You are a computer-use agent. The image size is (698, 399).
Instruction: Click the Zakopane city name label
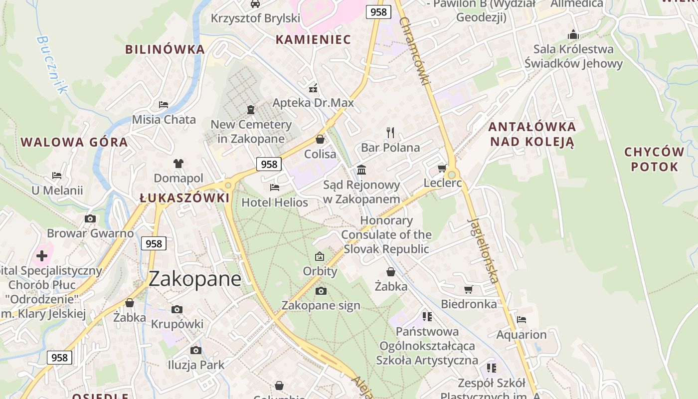click(195, 279)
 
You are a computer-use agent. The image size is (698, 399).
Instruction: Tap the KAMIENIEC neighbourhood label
click(314, 39)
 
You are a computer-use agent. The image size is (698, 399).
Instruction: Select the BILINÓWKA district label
click(165, 49)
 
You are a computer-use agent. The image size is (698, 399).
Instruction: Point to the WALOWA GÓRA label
click(74, 142)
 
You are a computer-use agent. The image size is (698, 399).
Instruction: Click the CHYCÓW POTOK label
click(655, 159)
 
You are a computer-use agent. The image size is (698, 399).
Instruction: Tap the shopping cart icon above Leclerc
click(442, 168)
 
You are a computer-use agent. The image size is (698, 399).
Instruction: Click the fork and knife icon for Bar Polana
click(390, 133)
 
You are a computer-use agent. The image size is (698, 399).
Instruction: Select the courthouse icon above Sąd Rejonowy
click(361, 170)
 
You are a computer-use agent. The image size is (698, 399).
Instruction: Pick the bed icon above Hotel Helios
click(275, 188)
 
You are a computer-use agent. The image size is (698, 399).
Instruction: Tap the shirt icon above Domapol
click(178, 163)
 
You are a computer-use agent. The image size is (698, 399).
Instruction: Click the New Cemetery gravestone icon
click(251, 109)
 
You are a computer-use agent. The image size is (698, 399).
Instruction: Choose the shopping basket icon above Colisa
click(320, 139)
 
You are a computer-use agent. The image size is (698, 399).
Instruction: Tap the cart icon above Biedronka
click(469, 289)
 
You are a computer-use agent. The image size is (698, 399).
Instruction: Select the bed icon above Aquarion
click(522, 320)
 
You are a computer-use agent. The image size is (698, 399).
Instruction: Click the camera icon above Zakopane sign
click(321, 291)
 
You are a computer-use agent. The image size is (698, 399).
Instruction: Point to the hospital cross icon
click(42, 256)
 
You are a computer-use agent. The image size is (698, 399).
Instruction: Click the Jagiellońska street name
click(483, 250)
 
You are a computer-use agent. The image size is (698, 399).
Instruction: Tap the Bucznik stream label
click(52, 64)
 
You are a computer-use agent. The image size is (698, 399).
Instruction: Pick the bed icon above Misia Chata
click(164, 105)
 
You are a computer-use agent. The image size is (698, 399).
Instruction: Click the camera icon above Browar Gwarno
click(90, 218)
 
